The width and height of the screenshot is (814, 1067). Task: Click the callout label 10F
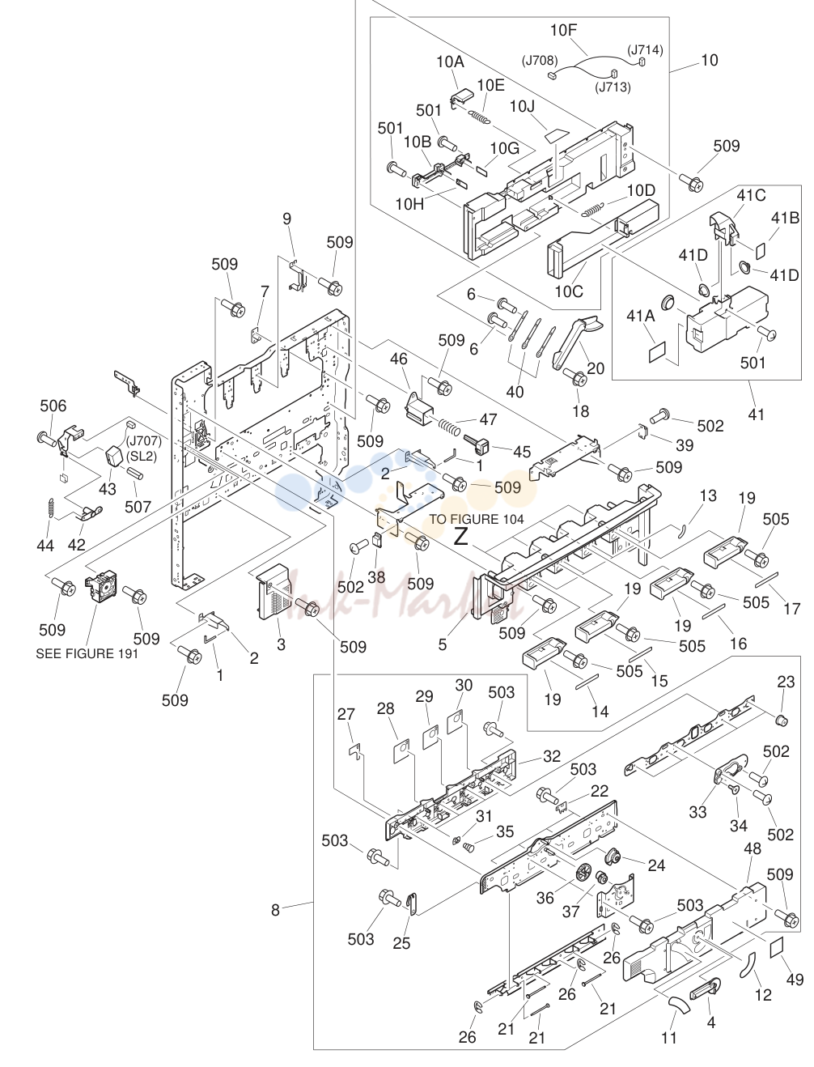pos(563,30)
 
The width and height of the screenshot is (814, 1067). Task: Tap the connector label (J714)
pos(645,49)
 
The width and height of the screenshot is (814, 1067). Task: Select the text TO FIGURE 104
pos(477,519)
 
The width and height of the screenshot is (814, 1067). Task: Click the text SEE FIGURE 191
pos(87,654)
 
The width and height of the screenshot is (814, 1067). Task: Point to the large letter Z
pos(460,537)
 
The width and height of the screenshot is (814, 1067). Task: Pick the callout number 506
pos(53,406)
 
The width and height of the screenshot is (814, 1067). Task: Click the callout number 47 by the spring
pos(488,419)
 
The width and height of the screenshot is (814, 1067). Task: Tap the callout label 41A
pos(641,316)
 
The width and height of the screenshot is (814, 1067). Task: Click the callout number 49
pos(795,980)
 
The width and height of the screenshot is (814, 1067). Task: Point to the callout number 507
pos(138,507)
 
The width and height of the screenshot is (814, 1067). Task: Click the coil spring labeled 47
pos(449,427)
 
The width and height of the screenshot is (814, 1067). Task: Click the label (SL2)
pos(142,457)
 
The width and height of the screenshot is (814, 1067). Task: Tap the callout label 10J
pos(522,106)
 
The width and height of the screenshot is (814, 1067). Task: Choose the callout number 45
pos(522,452)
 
